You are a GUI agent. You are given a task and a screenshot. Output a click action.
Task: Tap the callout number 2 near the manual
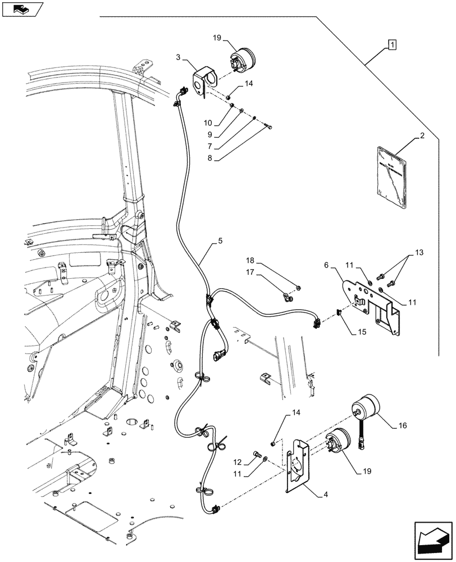pyautogui.click(x=422, y=137)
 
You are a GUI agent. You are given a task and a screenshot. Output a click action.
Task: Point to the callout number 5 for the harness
pyautogui.click(x=220, y=242)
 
